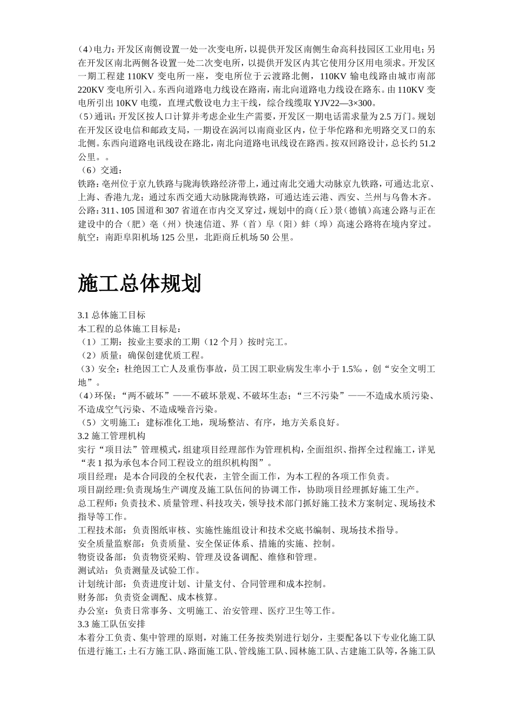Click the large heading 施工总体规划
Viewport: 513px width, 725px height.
(x=139, y=283)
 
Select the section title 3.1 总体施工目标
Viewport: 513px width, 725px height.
(x=111, y=315)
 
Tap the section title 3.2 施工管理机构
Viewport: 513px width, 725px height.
(x=111, y=436)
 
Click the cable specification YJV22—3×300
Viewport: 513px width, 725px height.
(x=345, y=103)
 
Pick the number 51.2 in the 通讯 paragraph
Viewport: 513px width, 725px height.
(x=427, y=143)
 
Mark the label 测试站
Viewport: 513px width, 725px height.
(x=92, y=571)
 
